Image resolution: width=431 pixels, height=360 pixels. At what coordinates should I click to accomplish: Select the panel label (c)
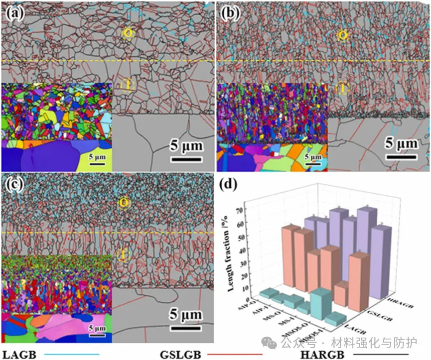(x=13, y=184)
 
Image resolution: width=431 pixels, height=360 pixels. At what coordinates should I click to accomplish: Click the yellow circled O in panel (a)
(x=128, y=33)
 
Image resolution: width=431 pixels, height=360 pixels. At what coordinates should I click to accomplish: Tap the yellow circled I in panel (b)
(x=342, y=89)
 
